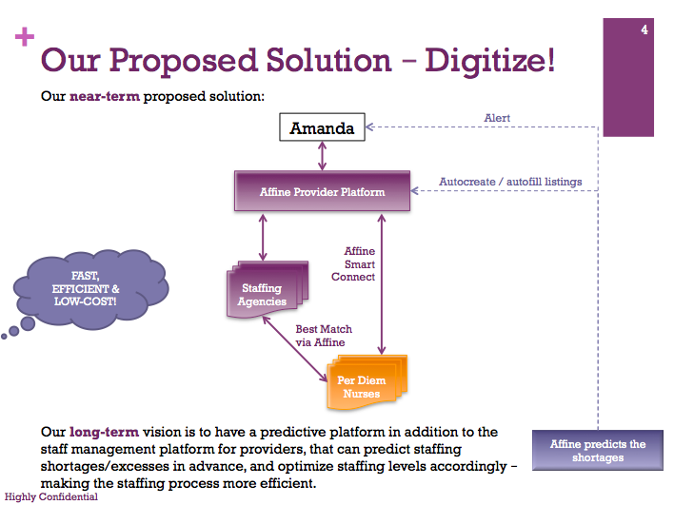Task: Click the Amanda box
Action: [x=323, y=127]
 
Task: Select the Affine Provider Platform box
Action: [x=323, y=191]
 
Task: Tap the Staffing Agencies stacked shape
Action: [x=262, y=293]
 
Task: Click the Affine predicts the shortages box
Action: [x=598, y=450]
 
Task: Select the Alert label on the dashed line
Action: [x=497, y=118]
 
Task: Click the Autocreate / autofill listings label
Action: [x=510, y=182]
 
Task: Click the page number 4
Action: [x=644, y=31]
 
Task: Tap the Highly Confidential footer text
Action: [x=49, y=496]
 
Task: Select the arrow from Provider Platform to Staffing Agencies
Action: [x=263, y=236]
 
